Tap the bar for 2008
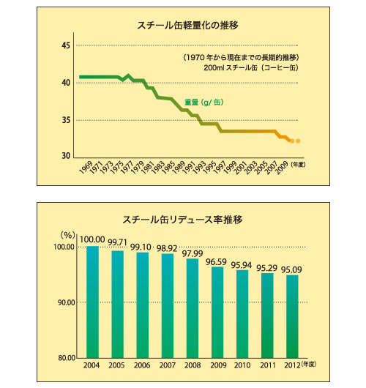192,307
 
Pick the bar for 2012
291,316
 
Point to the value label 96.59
217,261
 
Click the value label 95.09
293,269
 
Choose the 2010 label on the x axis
242,367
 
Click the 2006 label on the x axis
142,367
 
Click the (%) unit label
67,235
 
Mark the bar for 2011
266,316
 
